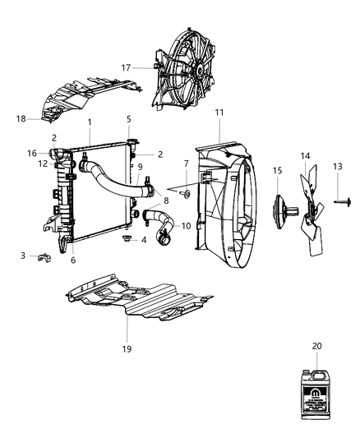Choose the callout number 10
pos(185,226)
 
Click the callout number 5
pos(129,120)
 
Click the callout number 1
pos(90,122)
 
